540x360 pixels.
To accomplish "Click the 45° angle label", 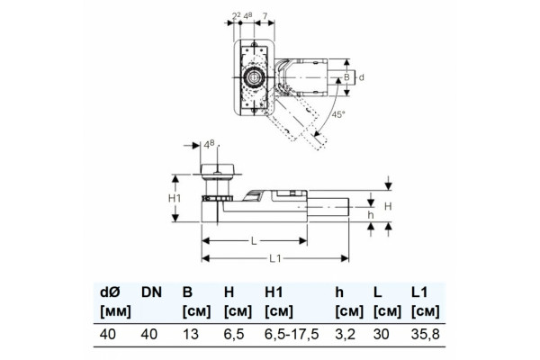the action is coord(338,114).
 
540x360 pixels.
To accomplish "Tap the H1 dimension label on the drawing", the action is coord(175,198).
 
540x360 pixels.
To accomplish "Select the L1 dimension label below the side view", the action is coord(275,258).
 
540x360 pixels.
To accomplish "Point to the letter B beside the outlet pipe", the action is coord(346,77).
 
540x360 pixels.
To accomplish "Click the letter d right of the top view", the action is coord(361,77).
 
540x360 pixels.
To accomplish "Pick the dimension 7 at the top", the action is coord(265,16).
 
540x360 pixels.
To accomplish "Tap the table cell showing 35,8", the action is coord(426,334).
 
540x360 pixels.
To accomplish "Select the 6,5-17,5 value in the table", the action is coord(292,334).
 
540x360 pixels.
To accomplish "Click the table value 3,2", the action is coord(345,334).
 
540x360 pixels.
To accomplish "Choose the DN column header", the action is coord(151,292).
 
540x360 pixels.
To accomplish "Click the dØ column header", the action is coord(110,292).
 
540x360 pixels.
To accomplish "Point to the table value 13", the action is coord(191,334).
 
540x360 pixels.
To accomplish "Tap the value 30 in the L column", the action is coord(382,334).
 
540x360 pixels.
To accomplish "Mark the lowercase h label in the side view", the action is coord(371,215).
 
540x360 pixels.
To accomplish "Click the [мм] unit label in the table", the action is coord(115,312).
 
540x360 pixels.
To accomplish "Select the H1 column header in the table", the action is coord(274,292).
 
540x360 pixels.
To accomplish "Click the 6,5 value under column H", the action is coord(234,334).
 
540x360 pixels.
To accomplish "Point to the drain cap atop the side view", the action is coord(218,169).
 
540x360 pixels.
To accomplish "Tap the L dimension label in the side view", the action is coord(254,241).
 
